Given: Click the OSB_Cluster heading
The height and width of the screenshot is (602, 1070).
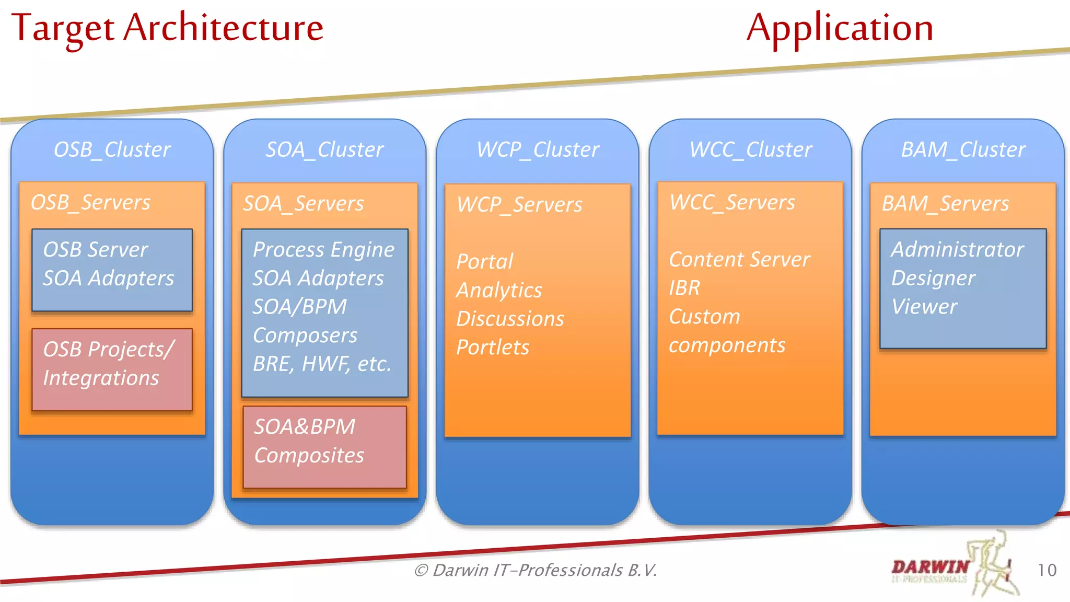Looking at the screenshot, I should [x=112, y=149].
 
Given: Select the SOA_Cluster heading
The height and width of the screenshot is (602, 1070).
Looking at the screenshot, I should [x=324, y=149].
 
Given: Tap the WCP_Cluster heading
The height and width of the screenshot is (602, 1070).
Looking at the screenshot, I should [x=538, y=149].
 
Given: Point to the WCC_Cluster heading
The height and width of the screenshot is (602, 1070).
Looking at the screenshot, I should [x=750, y=149].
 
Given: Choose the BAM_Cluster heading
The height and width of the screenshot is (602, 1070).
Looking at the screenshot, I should [x=963, y=149].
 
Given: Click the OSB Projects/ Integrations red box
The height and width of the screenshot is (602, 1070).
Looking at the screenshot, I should [x=112, y=369].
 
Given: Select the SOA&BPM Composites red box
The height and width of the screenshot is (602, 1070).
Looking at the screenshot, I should [x=324, y=447].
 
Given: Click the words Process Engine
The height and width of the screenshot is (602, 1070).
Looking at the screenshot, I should [x=323, y=249].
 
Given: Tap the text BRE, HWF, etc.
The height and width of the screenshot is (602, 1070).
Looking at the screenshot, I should [x=322, y=364].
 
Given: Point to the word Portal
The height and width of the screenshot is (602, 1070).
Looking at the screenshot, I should [x=484, y=261].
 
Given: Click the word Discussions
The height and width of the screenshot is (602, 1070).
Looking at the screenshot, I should [x=510, y=319].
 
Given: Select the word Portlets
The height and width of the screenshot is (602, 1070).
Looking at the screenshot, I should [x=493, y=348].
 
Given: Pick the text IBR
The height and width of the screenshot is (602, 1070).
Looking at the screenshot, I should [x=684, y=288].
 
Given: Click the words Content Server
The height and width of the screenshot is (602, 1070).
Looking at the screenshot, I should [x=739, y=259].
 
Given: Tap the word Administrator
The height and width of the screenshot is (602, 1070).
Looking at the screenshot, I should [x=957, y=249].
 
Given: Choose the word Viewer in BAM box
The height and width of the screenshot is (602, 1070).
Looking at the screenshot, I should [x=924, y=307].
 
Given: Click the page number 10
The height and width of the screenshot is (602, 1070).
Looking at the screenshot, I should [x=1046, y=570].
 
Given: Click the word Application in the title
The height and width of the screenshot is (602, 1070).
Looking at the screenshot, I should [x=840, y=29].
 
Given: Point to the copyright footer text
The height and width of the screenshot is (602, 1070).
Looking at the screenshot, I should [x=536, y=570].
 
